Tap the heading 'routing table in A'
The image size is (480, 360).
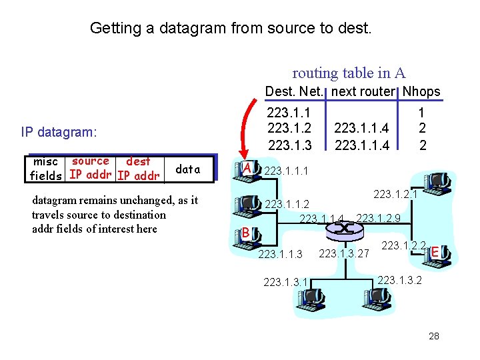click(x=349, y=73)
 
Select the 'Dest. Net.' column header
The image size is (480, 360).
click(x=294, y=91)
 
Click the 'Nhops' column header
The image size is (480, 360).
click(x=421, y=91)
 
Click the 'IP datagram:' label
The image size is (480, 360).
click(x=59, y=132)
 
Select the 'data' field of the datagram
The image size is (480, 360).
click(x=187, y=169)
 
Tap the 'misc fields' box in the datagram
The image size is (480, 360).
click(x=47, y=169)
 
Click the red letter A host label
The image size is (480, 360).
click(x=247, y=167)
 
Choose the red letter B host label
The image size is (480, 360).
click(x=245, y=233)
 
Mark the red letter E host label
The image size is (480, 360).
click(x=435, y=252)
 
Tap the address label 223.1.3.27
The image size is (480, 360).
click(x=344, y=253)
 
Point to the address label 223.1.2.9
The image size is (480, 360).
click(x=378, y=218)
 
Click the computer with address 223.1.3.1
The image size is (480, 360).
click(x=311, y=299)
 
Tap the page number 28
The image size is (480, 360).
click(x=434, y=336)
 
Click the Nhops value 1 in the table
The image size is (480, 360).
click(x=421, y=114)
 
